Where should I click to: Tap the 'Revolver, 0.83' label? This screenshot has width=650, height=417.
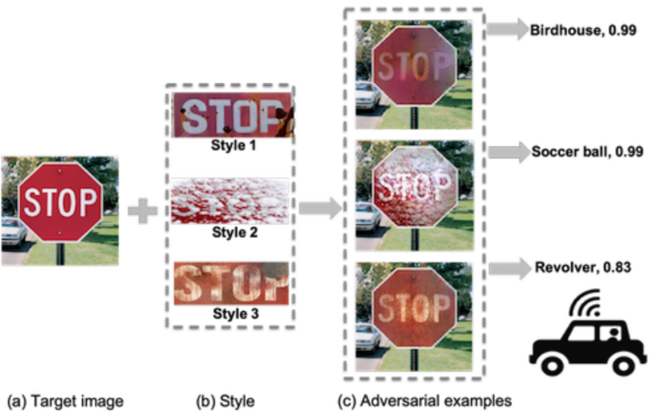583,267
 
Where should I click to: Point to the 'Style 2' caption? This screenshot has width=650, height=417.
234,232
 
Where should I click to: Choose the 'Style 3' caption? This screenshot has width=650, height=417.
235,313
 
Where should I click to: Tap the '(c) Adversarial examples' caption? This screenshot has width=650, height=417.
424,401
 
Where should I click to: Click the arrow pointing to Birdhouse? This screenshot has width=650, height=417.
506,29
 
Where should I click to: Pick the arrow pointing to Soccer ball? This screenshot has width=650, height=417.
507,152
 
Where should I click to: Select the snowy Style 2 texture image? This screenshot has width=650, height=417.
231,201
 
